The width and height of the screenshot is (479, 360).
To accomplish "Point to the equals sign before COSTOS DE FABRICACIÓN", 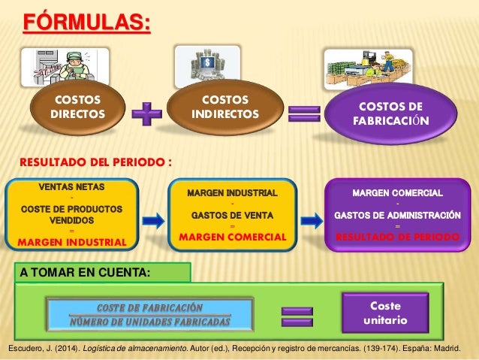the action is click(x=303, y=114).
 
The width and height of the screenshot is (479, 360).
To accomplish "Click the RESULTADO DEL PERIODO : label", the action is click(x=96, y=162).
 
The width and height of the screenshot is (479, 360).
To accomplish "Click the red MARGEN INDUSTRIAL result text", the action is click(x=72, y=242).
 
